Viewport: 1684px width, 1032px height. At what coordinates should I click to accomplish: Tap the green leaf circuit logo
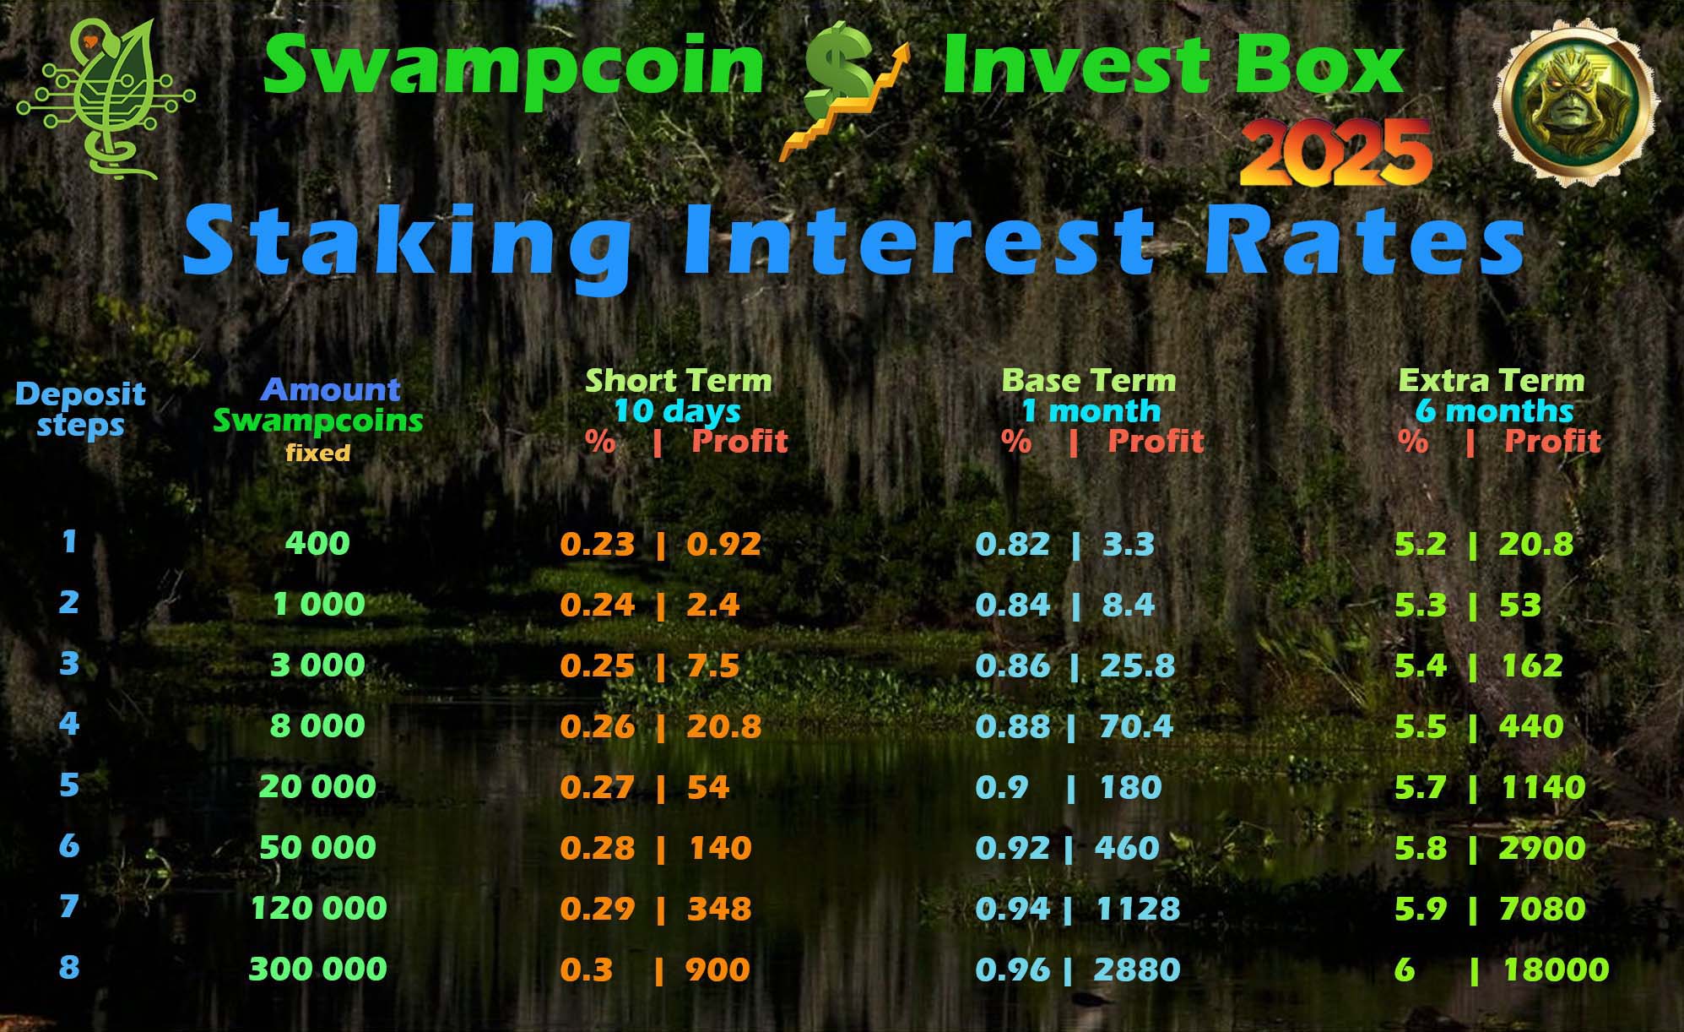click(105, 99)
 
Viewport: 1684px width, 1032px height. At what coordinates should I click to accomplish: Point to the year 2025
click(1335, 152)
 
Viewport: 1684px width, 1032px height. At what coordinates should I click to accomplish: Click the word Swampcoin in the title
click(513, 67)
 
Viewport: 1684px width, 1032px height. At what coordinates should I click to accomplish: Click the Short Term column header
click(679, 381)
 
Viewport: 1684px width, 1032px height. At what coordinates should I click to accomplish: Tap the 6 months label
click(1494, 411)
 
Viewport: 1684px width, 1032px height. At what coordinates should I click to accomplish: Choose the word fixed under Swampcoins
click(318, 453)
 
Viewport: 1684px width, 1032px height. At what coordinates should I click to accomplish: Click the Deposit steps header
click(80, 409)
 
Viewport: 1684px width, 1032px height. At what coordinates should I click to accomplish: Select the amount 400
click(317, 543)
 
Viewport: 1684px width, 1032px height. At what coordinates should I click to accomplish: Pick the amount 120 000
click(319, 908)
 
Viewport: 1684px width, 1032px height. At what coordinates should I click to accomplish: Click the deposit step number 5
click(69, 785)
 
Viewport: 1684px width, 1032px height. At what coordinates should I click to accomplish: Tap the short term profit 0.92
click(724, 544)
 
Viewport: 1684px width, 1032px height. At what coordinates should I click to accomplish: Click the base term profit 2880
click(1137, 970)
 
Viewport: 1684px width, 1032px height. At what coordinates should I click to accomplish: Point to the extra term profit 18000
click(1557, 970)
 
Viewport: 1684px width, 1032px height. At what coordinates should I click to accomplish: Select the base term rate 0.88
click(1013, 726)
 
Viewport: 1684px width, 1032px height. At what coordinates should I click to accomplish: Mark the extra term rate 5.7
click(1421, 787)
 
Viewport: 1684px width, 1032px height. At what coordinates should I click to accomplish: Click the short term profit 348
click(719, 909)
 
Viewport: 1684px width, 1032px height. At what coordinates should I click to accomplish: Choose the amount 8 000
click(318, 725)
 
